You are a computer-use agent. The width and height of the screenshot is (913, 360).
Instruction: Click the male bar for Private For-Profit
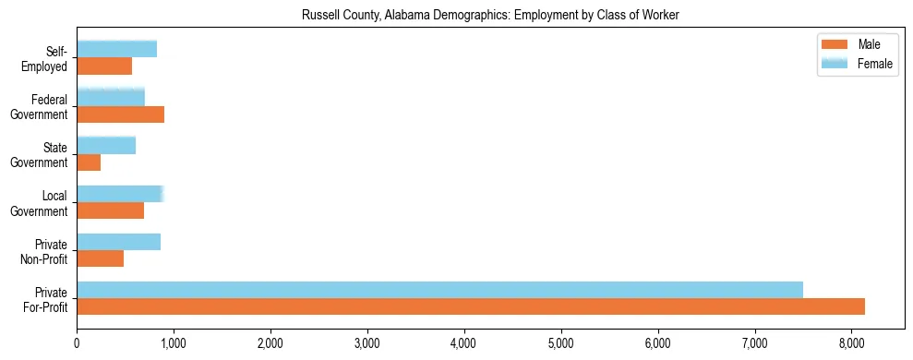(x=471, y=306)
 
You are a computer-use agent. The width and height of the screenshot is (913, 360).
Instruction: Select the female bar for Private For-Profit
(x=439, y=290)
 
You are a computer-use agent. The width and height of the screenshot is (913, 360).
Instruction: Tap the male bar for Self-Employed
(x=104, y=66)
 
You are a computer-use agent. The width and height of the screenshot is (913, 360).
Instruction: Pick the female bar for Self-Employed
(x=116, y=49)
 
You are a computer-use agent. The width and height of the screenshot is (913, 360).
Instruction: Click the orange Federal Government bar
(x=120, y=114)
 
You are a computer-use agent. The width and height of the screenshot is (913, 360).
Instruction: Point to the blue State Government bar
(x=106, y=145)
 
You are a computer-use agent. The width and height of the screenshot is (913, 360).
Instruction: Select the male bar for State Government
(x=89, y=162)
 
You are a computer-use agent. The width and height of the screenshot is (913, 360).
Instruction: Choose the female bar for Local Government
(x=120, y=194)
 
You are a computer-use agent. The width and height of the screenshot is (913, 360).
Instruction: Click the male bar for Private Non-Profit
(x=100, y=258)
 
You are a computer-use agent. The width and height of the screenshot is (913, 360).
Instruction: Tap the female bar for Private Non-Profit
(x=118, y=242)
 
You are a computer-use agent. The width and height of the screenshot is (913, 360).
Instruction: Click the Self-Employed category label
(x=48, y=58)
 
